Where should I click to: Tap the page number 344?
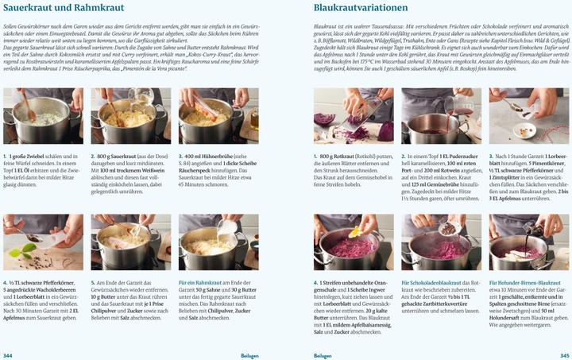coord(8,355)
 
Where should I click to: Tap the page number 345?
coord(564,355)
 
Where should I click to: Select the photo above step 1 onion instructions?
coord(43,116)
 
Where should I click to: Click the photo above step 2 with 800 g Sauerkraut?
coord(130,116)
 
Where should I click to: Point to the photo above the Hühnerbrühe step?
coord(218,116)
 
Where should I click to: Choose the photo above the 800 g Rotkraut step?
coord(354,116)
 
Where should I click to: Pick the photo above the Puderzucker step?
coord(441,116)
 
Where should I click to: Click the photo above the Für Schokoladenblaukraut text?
coord(441,242)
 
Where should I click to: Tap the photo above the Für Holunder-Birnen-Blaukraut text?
coord(528,242)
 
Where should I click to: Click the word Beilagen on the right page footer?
coord(323,355)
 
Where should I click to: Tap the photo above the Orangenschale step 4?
coord(354,242)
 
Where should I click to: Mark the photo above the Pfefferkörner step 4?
coord(43,242)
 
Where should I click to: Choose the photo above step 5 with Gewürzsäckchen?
coord(130,242)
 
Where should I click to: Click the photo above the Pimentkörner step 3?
coord(528,116)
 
